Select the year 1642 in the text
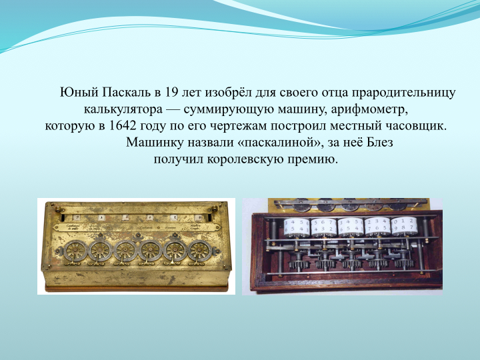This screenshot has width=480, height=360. click(122, 126)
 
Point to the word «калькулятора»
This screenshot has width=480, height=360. click(123, 109)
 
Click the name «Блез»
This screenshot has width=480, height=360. click(379, 143)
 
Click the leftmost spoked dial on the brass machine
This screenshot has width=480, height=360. click(75, 251)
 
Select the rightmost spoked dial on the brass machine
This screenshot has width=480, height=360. click(199, 251)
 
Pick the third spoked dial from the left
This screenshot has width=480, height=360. click(125, 251)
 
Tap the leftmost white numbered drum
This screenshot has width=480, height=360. click(296, 227)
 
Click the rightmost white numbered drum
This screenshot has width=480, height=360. click(405, 226)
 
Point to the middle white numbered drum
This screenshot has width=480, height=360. click(351, 227)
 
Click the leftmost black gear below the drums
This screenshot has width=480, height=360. click(298, 263)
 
